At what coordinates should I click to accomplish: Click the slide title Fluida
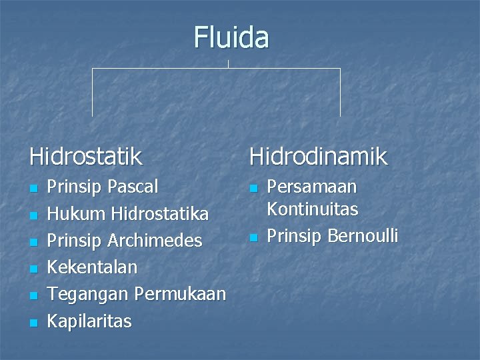231,37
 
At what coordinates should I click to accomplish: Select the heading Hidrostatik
85,157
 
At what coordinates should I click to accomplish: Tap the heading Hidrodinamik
318,157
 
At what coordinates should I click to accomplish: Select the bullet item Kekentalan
92,267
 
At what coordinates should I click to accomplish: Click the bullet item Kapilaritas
89,321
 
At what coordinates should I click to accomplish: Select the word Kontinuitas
312,209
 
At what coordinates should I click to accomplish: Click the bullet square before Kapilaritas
33,323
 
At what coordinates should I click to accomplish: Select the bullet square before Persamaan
253,188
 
